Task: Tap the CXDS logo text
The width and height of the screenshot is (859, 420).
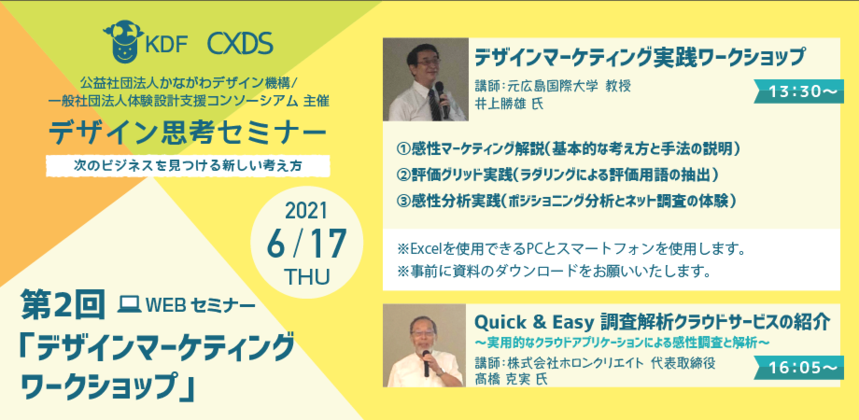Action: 240,45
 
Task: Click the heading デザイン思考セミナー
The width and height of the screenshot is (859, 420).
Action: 187,133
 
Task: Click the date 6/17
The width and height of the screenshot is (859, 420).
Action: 307,245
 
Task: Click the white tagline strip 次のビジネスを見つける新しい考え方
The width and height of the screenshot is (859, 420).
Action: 188,166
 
